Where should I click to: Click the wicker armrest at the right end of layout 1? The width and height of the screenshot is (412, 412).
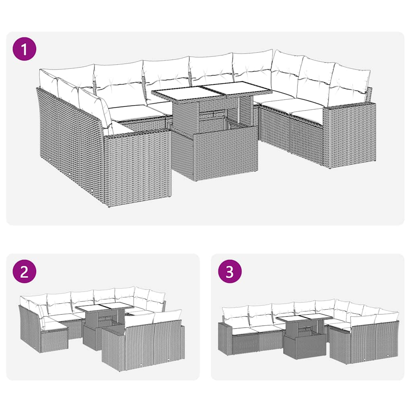click(350, 135)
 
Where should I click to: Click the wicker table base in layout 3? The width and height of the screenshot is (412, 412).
click(305, 346)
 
